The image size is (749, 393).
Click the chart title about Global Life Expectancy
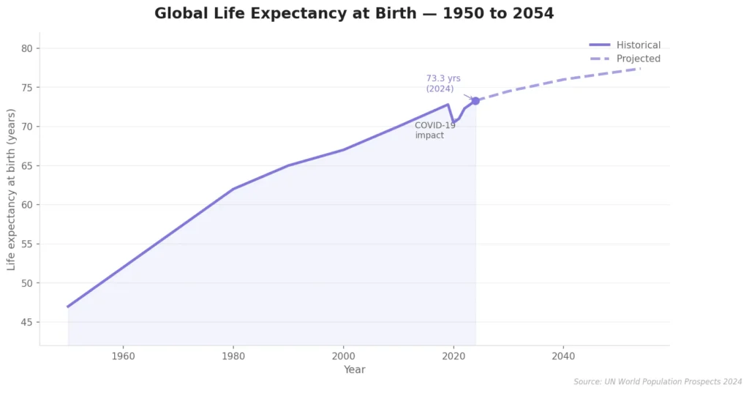coord(354,14)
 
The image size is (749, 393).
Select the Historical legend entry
coord(638,45)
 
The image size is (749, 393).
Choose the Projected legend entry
coord(638,59)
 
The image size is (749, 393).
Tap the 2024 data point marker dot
coord(475,101)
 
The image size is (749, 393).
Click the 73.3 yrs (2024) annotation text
coord(443,83)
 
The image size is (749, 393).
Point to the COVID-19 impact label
coord(434,130)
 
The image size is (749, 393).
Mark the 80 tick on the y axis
coord(29,48)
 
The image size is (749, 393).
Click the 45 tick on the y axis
coord(29,322)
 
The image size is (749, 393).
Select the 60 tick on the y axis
coord(29,205)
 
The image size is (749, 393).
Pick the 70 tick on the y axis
coord(29,127)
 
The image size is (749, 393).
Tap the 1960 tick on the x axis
coord(123,356)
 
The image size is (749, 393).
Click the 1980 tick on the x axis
coord(233,356)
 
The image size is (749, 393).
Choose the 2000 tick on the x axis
coord(343,356)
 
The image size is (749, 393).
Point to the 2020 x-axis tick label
coord(453,356)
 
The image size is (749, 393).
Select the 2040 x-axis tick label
coord(563,356)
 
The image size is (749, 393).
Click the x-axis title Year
coord(354,370)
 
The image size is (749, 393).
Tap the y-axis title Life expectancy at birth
coord(12,189)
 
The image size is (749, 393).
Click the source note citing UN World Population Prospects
coord(658,382)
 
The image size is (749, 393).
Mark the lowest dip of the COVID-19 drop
coord(453,121)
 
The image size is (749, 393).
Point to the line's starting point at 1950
coord(68,307)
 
